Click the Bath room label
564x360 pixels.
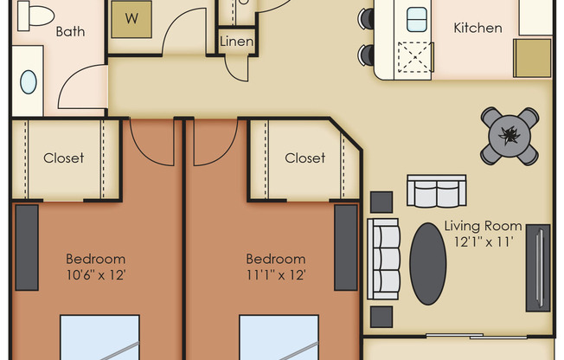[71, 31]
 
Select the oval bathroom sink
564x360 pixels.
[29, 82]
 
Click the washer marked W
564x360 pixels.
[132, 18]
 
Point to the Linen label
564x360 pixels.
[235, 42]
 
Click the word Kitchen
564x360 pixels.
[477, 28]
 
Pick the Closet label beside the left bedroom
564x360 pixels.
[64, 157]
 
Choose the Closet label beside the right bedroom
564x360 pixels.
[304, 157]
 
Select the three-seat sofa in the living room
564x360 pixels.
[383, 257]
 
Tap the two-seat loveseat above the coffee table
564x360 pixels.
[434, 192]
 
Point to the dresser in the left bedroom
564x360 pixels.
[27, 247]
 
